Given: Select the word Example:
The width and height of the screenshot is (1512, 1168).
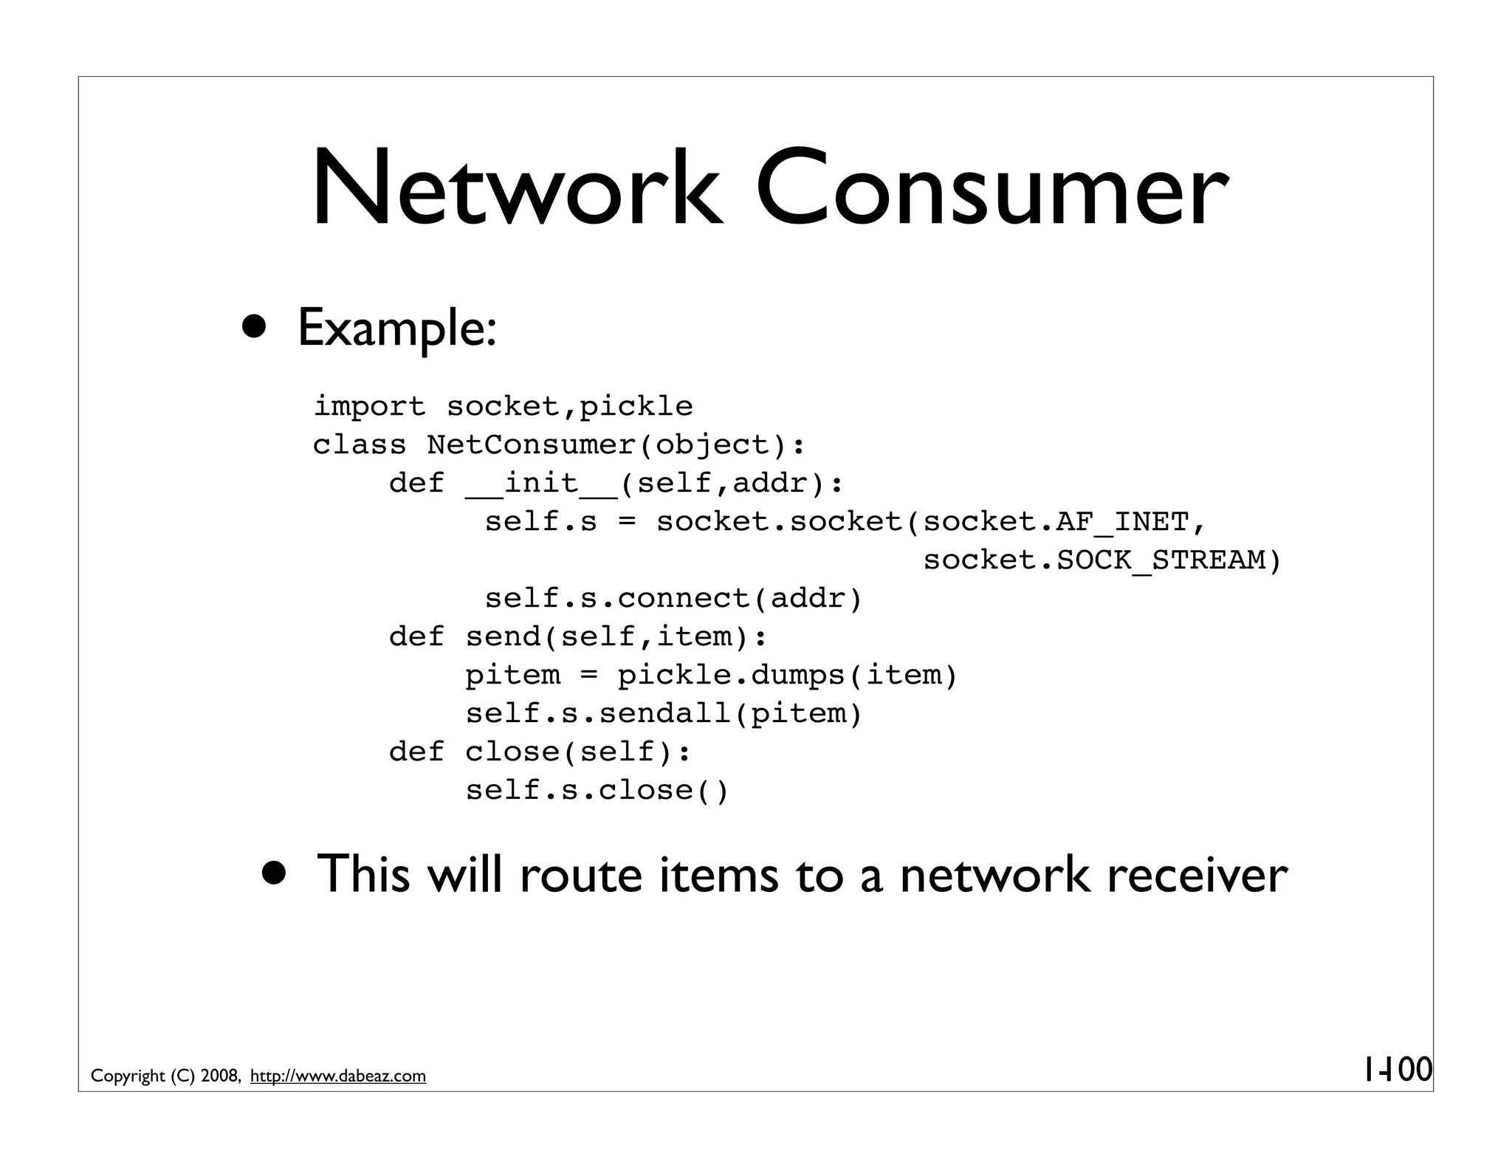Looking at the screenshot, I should [396, 329].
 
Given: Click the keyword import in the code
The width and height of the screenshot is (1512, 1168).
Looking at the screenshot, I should [369, 407].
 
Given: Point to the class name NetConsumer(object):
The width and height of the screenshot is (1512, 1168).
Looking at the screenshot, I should [616, 445].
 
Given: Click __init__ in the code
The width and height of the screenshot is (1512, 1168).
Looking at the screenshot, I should [541, 484].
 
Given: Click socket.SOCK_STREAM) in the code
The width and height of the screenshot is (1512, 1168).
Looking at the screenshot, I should [1102, 560].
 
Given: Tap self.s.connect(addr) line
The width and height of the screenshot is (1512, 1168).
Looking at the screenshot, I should [673, 599].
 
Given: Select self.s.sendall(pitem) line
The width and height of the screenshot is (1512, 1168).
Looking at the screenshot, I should [663, 714].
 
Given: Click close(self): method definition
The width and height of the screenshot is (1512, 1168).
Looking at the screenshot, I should [578, 752].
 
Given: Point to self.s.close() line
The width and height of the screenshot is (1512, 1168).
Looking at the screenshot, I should [597, 791].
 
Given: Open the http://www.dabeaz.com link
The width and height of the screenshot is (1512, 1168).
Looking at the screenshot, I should [338, 1076].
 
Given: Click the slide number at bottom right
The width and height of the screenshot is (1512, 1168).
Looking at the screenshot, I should [1397, 1069].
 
